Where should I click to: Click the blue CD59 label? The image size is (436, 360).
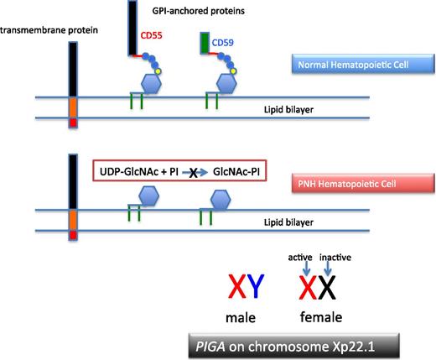tap(223, 41)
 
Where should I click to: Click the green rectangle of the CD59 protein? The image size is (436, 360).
tap(204, 42)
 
